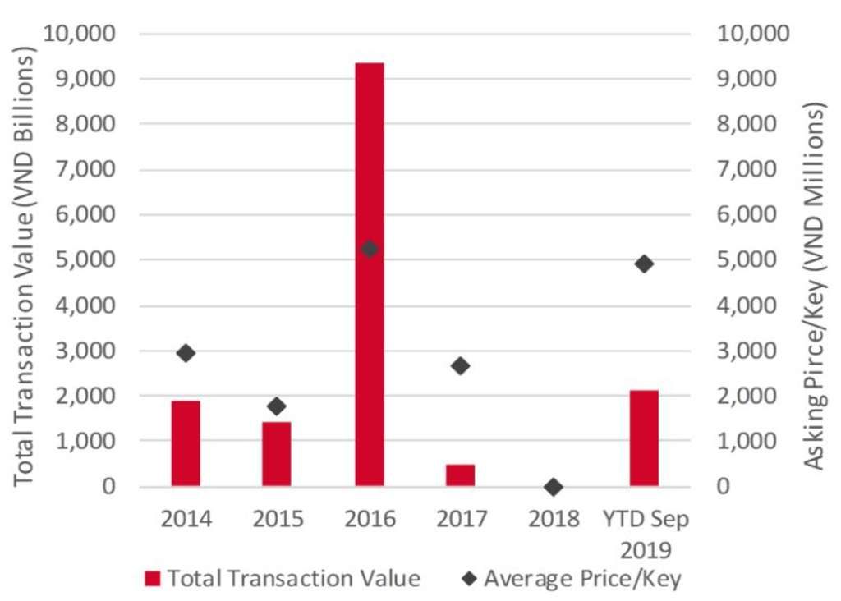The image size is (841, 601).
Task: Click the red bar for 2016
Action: pyautogui.click(x=369, y=274)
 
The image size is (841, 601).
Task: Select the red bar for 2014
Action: pyautogui.click(x=186, y=443)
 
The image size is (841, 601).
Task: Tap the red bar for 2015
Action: pyautogui.click(x=277, y=454)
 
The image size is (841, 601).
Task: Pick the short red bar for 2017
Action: pyautogui.click(x=461, y=475)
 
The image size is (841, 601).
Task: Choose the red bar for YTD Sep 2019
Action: pyautogui.click(x=644, y=438)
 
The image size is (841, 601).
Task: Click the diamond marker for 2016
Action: pyautogui.click(x=370, y=249)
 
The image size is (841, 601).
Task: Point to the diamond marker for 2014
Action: pyautogui.click(x=186, y=353)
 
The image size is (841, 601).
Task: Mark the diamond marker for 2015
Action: pyautogui.click(x=277, y=406)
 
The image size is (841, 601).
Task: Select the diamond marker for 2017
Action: pyautogui.click(x=461, y=366)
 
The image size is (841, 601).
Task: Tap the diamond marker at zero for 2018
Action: pyautogui.click(x=553, y=487)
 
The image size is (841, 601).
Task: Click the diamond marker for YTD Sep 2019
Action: pyautogui.click(x=644, y=264)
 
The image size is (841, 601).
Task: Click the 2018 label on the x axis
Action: pyautogui.click(x=553, y=520)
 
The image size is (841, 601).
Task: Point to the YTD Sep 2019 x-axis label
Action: pyautogui.click(x=645, y=531)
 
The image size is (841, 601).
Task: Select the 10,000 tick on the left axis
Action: pyautogui.click(x=85, y=34)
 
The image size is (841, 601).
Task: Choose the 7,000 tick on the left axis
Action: pyautogui.click(x=89, y=170)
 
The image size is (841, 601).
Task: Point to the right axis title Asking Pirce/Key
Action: pyautogui.click(x=813, y=287)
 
